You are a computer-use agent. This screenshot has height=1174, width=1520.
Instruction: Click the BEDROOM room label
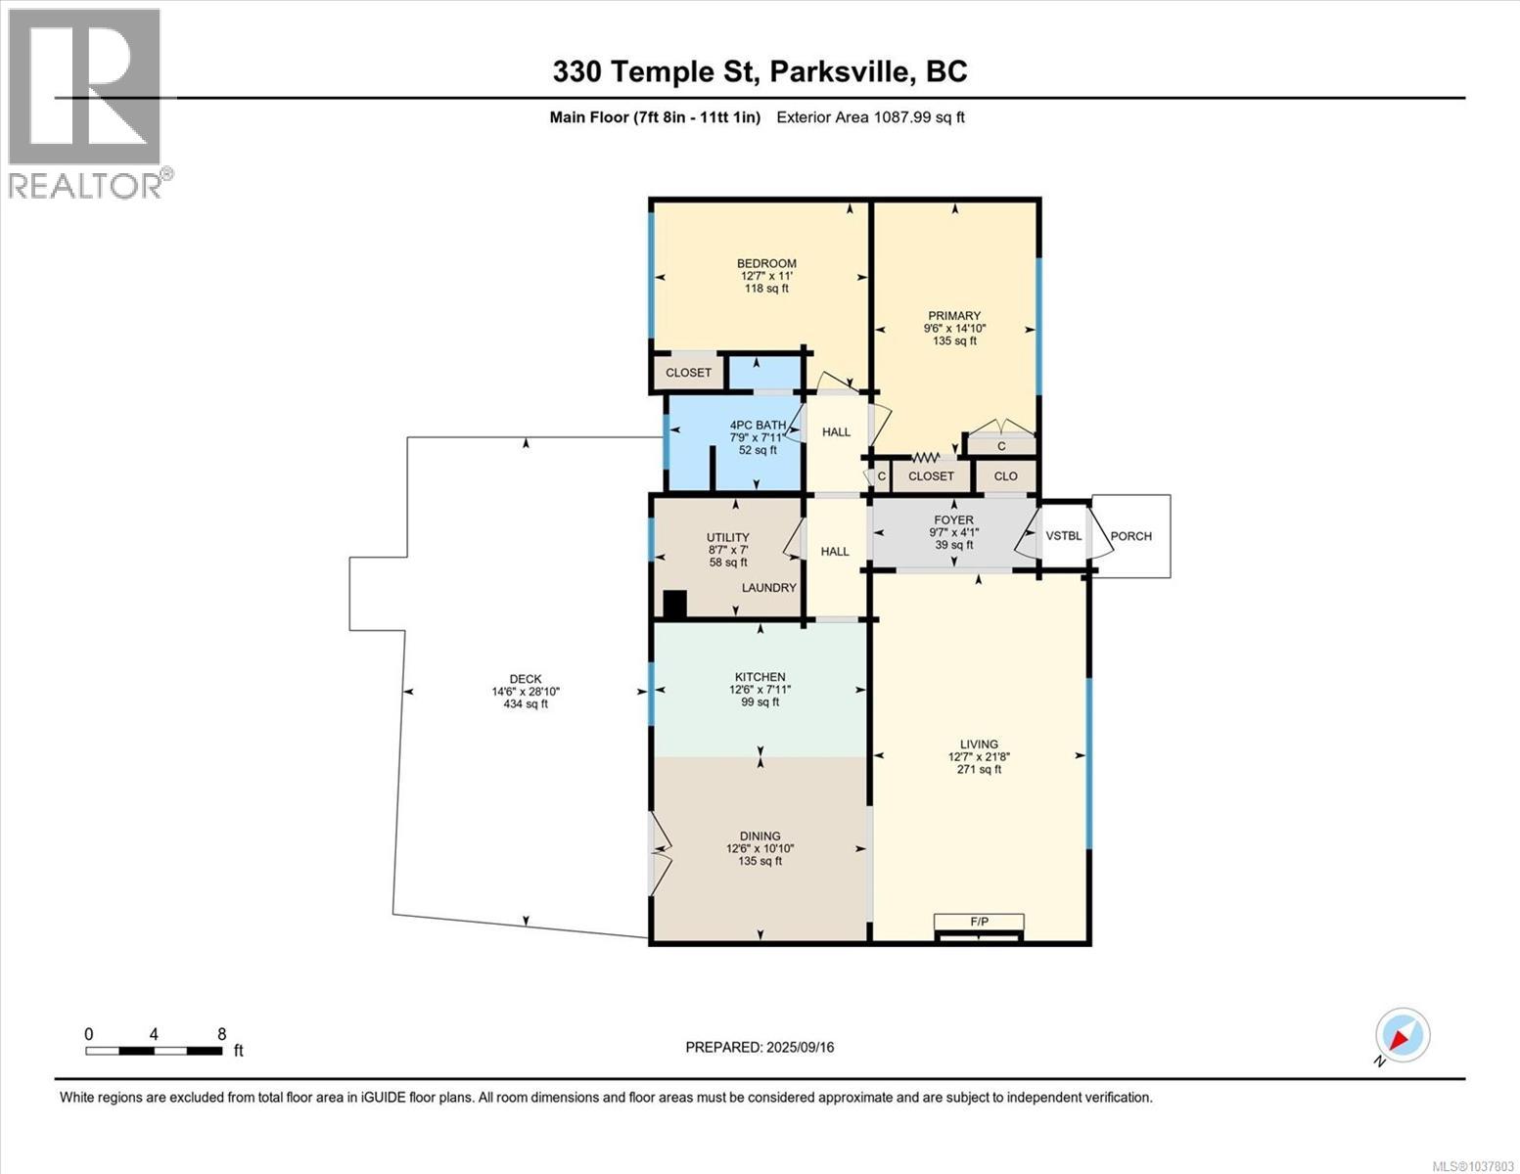point(766,263)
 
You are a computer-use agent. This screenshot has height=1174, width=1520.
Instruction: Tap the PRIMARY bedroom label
point(954,316)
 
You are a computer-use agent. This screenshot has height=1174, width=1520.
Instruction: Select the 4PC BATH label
point(758,426)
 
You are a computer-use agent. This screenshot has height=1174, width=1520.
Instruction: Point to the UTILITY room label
point(727,538)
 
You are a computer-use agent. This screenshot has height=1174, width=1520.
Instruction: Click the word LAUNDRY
point(768,588)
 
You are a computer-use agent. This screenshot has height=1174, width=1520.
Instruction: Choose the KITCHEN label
point(760,677)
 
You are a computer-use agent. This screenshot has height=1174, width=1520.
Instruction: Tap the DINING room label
point(760,836)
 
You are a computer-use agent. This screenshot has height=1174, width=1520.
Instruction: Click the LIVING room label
point(979,745)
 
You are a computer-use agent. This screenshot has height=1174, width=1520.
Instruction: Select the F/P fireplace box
point(979,923)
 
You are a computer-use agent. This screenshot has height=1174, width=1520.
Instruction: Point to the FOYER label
point(953,520)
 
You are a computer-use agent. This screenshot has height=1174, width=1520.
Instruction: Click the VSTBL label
point(1063,535)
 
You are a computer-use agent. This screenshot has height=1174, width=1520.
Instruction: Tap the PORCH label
point(1131,536)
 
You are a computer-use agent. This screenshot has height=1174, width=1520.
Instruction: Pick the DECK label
point(526,679)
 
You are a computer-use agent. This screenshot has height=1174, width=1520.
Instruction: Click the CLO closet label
point(1005,476)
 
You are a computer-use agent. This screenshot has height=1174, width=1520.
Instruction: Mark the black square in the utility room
point(674,605)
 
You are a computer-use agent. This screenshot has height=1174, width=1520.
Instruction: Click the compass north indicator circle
point(1403,1034)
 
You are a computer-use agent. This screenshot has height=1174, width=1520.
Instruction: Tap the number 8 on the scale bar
point(222,1033)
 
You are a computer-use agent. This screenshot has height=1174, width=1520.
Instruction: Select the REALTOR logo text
point(85,186)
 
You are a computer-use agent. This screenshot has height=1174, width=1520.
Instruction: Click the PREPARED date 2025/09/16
point(801,1048)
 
